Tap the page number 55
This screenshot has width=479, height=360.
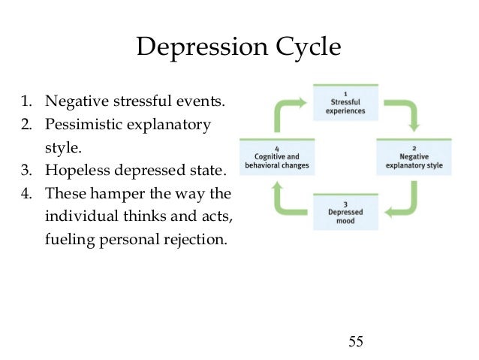[x=356, y=342]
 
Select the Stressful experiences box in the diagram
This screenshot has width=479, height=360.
[x=346, y=104]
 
